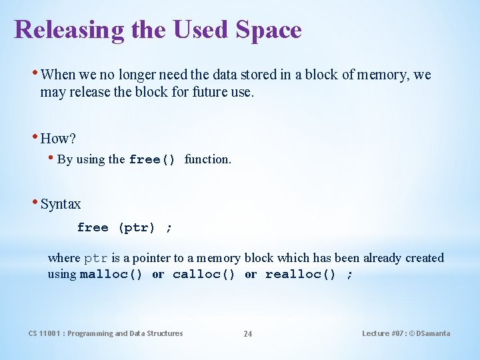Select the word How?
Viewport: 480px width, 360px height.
point(58,139)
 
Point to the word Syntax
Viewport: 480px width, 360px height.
point(61,204)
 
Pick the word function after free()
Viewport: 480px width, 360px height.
point(208,159)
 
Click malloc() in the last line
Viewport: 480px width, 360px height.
point(111,275)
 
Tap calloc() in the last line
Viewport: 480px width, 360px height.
point(203,275)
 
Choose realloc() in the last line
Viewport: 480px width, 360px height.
point(300,275)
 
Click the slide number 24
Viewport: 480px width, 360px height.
point(247,334)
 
